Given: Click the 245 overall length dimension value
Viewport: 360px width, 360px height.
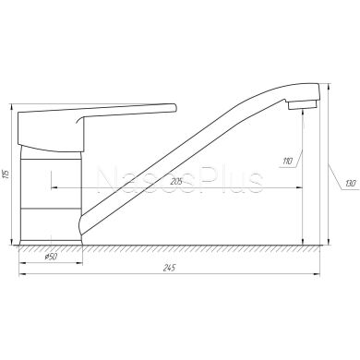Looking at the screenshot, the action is coord(169,268).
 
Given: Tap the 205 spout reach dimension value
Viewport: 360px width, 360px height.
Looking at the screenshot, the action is coord(176,182).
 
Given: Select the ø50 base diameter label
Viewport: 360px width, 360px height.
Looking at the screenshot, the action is coord(51,257).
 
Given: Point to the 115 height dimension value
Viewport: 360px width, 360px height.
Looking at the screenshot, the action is coord(6,174).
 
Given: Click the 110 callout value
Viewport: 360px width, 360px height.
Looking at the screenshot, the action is coord(287,161).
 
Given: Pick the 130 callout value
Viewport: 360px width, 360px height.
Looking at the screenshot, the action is coord(351,184).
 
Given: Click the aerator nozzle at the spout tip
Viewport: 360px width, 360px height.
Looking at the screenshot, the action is coord(303,105).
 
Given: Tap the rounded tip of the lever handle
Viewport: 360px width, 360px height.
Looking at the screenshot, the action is coord(175,107).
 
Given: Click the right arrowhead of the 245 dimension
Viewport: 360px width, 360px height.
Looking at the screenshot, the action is coord(317,274).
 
